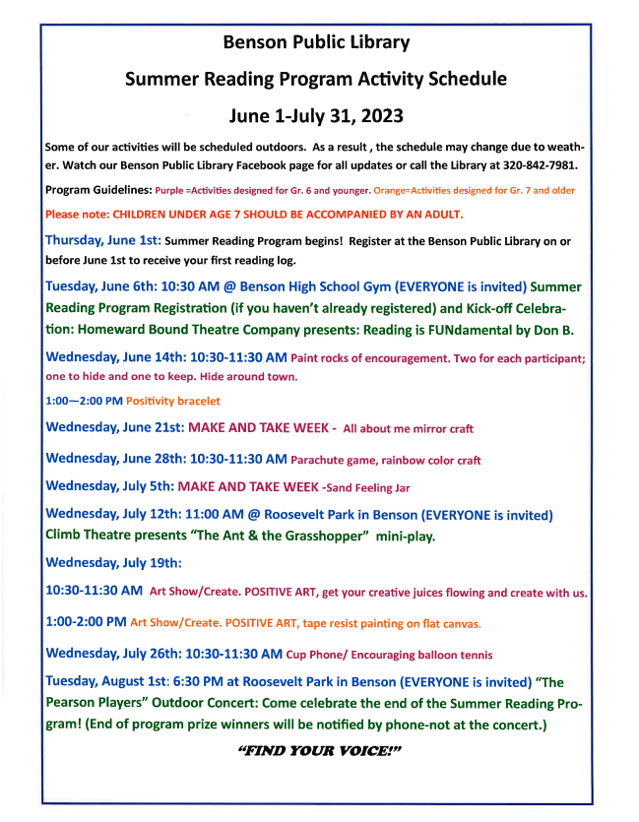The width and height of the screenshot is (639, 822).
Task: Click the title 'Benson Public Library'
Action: (316, 42)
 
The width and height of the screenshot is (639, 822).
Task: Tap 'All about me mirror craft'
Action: (409, 429)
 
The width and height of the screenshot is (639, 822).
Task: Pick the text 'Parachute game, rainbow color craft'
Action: (386, 460)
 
